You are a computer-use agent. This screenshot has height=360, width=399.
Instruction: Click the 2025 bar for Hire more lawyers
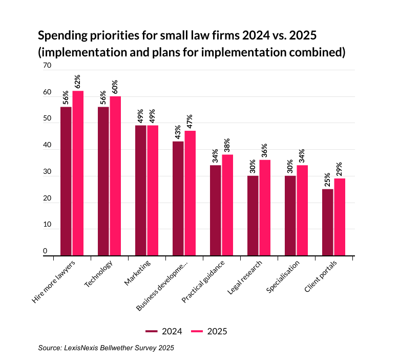coord(78,173)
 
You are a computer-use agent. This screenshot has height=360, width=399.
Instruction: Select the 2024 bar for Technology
coord(103,181)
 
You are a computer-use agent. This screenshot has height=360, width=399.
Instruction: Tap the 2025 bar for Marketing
coord(153,190)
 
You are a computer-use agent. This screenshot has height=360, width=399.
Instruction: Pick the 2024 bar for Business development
coord(178,198)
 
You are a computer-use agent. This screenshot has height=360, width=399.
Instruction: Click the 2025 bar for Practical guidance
coord(227,205)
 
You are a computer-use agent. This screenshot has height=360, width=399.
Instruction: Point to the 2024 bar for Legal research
coord(253,215)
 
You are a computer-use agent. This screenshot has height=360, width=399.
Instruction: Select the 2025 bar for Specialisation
coord(302,210)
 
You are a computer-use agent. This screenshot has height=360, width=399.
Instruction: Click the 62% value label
coord(78,82)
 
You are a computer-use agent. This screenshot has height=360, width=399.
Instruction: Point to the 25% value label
coord(327,180)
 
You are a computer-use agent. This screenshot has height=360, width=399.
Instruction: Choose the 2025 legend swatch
coord(197,331)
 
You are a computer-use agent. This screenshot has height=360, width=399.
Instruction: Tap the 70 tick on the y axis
coord(47,66)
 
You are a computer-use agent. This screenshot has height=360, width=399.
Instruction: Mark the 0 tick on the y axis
coord(45,251)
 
